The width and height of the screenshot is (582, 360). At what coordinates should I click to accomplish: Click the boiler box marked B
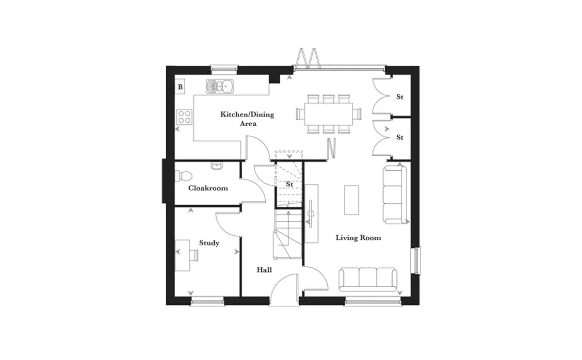pos(180,86)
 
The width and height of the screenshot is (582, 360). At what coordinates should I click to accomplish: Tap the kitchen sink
pos(220,86)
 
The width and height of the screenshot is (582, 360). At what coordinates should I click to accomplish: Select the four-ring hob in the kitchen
pos(184,117)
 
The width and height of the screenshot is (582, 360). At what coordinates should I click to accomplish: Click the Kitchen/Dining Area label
pos(247,119)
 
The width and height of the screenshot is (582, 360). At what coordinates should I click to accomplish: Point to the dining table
pos(329,114)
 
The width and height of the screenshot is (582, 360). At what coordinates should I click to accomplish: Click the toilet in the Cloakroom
pos(183,176)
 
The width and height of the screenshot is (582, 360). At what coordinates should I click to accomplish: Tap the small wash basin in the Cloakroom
pos(216,165)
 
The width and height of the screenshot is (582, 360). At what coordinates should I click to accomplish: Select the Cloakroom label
pos(208,188)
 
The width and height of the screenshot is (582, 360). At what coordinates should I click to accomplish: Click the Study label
pos(209,243)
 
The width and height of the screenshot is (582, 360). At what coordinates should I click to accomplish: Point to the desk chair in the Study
pos(194,255)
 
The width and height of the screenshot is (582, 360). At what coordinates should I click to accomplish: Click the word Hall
pos(264,270)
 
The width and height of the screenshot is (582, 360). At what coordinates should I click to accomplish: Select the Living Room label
pos(358,238)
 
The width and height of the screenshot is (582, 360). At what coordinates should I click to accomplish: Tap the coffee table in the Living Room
pos(352,200)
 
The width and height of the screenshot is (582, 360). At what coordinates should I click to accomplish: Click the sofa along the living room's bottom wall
pos(368,279)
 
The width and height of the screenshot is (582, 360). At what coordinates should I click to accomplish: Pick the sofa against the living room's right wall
pos(395,195)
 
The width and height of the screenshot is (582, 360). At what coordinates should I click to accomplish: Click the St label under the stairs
pos(290,184)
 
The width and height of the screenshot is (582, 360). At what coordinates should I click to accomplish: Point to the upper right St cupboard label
pos(400,97)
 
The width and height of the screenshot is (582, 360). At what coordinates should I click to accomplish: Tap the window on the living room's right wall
pos(417,261)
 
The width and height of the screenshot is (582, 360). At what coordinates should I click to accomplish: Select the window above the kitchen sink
pos(224,68)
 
